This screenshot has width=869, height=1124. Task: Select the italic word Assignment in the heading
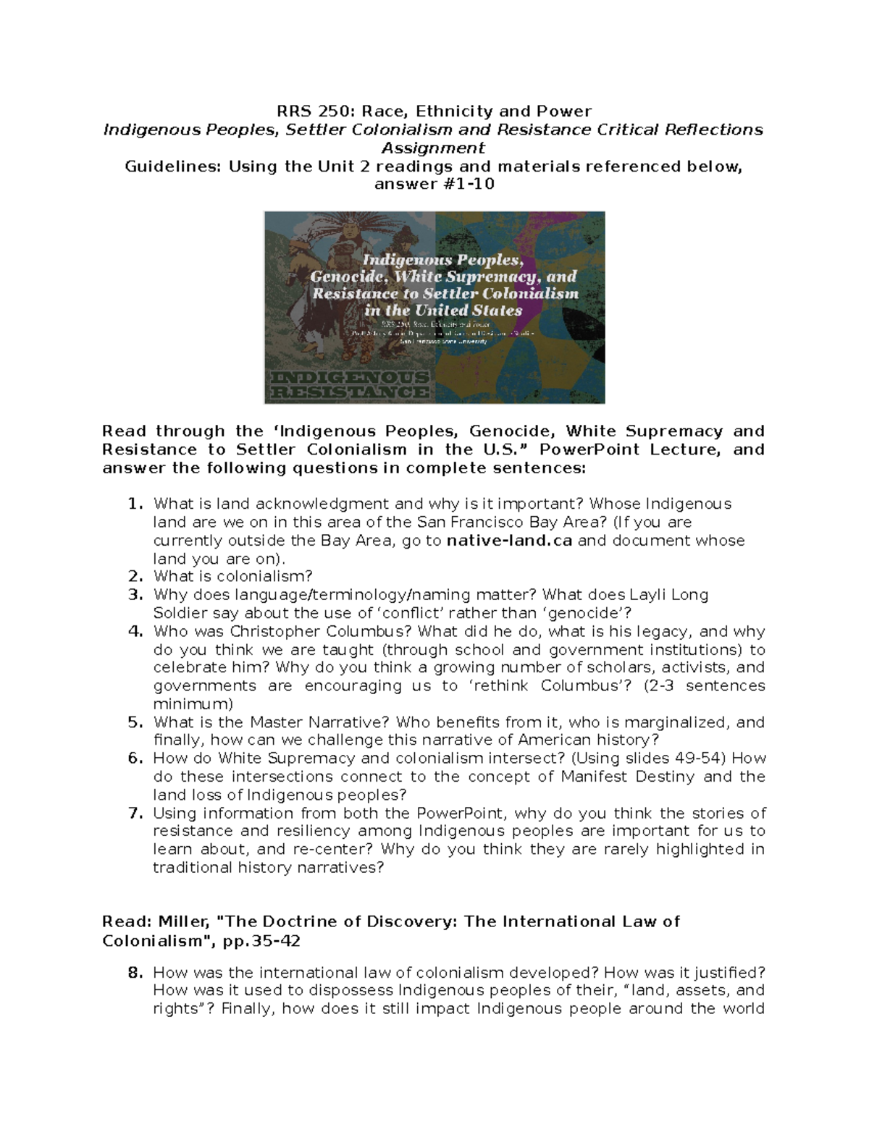tap(433, 148)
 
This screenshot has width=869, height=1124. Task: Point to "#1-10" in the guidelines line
tap(471, 184)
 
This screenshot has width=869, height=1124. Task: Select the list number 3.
tap(135, 595)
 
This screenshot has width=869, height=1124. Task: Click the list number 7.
tap(135, 813)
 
